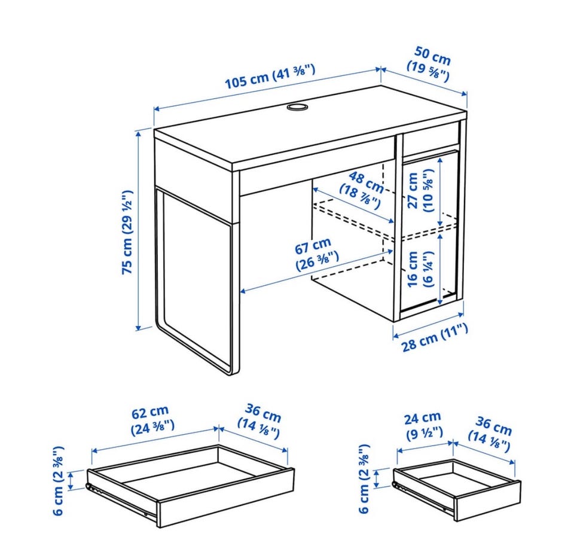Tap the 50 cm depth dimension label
pos(430,65)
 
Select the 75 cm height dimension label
pos(126,232)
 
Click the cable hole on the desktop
pos(297,107)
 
